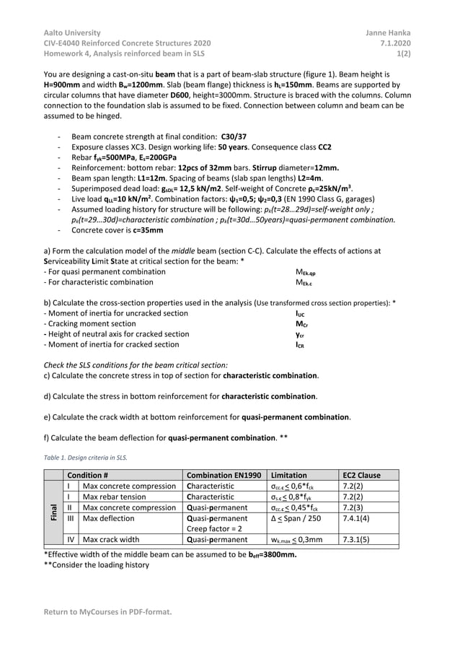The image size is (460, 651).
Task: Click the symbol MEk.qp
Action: click(x=306, y=272)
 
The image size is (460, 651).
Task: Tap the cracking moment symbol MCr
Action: click(x=301, y=324)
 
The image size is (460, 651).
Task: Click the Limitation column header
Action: click(x=288, y=475)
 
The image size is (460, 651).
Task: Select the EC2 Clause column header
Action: click(x=361, y=475)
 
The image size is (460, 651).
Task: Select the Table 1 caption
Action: click(x=86, y=458)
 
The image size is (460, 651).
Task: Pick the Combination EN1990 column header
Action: click(x=224, y=475)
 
